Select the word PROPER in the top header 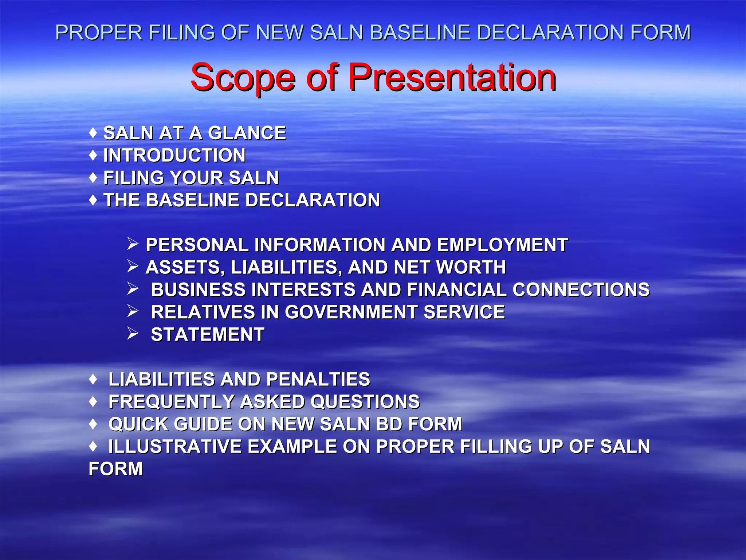point(99,32)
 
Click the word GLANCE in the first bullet point(247,133)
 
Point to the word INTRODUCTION point(174,155)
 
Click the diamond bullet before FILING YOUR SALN point(93,178)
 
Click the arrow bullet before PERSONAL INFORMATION point(133,244)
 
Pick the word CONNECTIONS point(581,290)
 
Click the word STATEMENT point(208,335)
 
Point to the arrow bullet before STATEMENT point(133,334)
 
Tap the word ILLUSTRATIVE point(175,447)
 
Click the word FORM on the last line point(115,469)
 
